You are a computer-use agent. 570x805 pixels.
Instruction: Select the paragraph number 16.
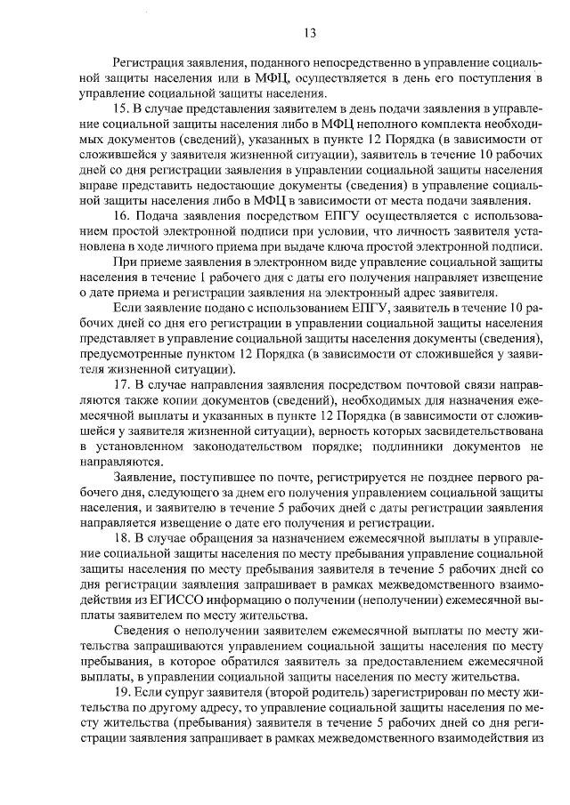(x=123, y=216)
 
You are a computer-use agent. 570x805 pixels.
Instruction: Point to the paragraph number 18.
(x=123, y=537)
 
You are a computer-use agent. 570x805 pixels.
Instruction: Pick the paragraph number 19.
(x=123, y=689)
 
